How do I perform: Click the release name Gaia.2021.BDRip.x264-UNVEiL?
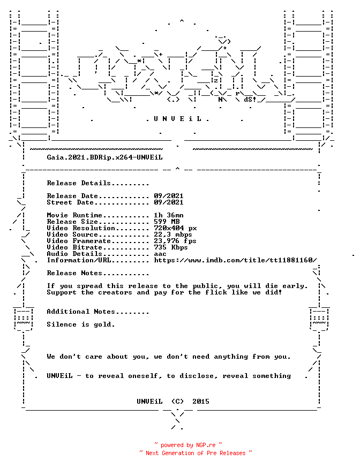tap(105, 157)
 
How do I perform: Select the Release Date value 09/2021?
tap(169, 196)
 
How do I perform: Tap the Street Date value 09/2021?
tap(169, 202)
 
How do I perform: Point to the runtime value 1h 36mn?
tap(169, 215)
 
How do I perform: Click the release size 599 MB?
tap(167, 222)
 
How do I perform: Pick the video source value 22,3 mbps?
tap(173, 234)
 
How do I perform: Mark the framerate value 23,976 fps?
tap(175, 241)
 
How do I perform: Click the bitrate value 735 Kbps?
tap(171, 247)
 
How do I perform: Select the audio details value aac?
tap(160, 254)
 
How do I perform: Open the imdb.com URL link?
tap(235, 260)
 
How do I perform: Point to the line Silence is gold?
tap(81, 324)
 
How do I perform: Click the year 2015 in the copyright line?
tap(201, 402)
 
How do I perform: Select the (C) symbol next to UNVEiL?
tap(177, 402)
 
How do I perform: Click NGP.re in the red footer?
tap(206, 445)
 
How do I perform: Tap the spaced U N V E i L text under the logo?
tap(177, 119)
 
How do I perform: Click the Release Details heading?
tap(98, 183)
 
